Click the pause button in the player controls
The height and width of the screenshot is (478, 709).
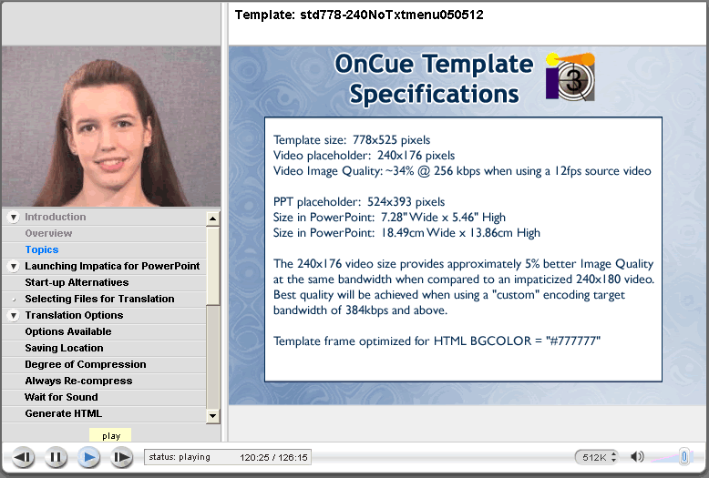[x=56, y=457]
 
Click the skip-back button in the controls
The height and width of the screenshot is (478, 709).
[x=23, y=457]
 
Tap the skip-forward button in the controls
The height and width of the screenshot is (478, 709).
[x=121, y=457]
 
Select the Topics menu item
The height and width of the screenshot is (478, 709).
[x=42, y=249]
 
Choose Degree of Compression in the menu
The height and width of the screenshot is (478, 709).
[x=86, y=364]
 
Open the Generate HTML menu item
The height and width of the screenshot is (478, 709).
[x=63, y=413]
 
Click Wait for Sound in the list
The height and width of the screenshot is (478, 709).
[x=61, y=397]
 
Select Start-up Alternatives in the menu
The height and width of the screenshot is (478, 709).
[x=77, y=282]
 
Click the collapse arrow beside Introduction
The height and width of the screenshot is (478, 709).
[x=14, y=218]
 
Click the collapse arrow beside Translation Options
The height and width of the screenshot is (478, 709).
[x=14, y=315]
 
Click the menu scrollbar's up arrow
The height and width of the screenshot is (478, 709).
[x=212, y=219]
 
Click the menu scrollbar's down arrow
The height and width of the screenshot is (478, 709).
[x=212, y=416]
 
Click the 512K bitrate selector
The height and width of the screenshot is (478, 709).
[x=597, y=457]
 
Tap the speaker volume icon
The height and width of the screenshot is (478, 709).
[x=637, y=457]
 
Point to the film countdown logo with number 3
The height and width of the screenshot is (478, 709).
[x=570, y=77]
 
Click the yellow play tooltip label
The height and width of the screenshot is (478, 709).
[x=111, y=435]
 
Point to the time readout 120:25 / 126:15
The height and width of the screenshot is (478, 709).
[x=273, y=457]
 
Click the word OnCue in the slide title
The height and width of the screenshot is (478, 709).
[x=374, y=64]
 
